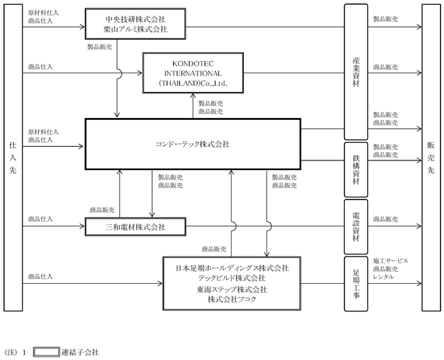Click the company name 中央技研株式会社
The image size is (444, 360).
[136, 19]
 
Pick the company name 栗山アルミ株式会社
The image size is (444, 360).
[136, 29]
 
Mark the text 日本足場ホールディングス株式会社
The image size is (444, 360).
[232, 268]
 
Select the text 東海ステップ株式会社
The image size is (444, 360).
[232, 289]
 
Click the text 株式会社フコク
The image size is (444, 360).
[232, 300]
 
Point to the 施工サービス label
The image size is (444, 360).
[391, 261]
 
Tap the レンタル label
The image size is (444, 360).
[384, 277]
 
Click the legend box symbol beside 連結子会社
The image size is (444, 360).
[47, 352]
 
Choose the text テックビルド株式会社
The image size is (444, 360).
[232, 278]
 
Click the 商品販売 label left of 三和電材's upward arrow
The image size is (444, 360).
[102, 210]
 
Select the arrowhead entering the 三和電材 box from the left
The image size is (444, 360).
[83, 226]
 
